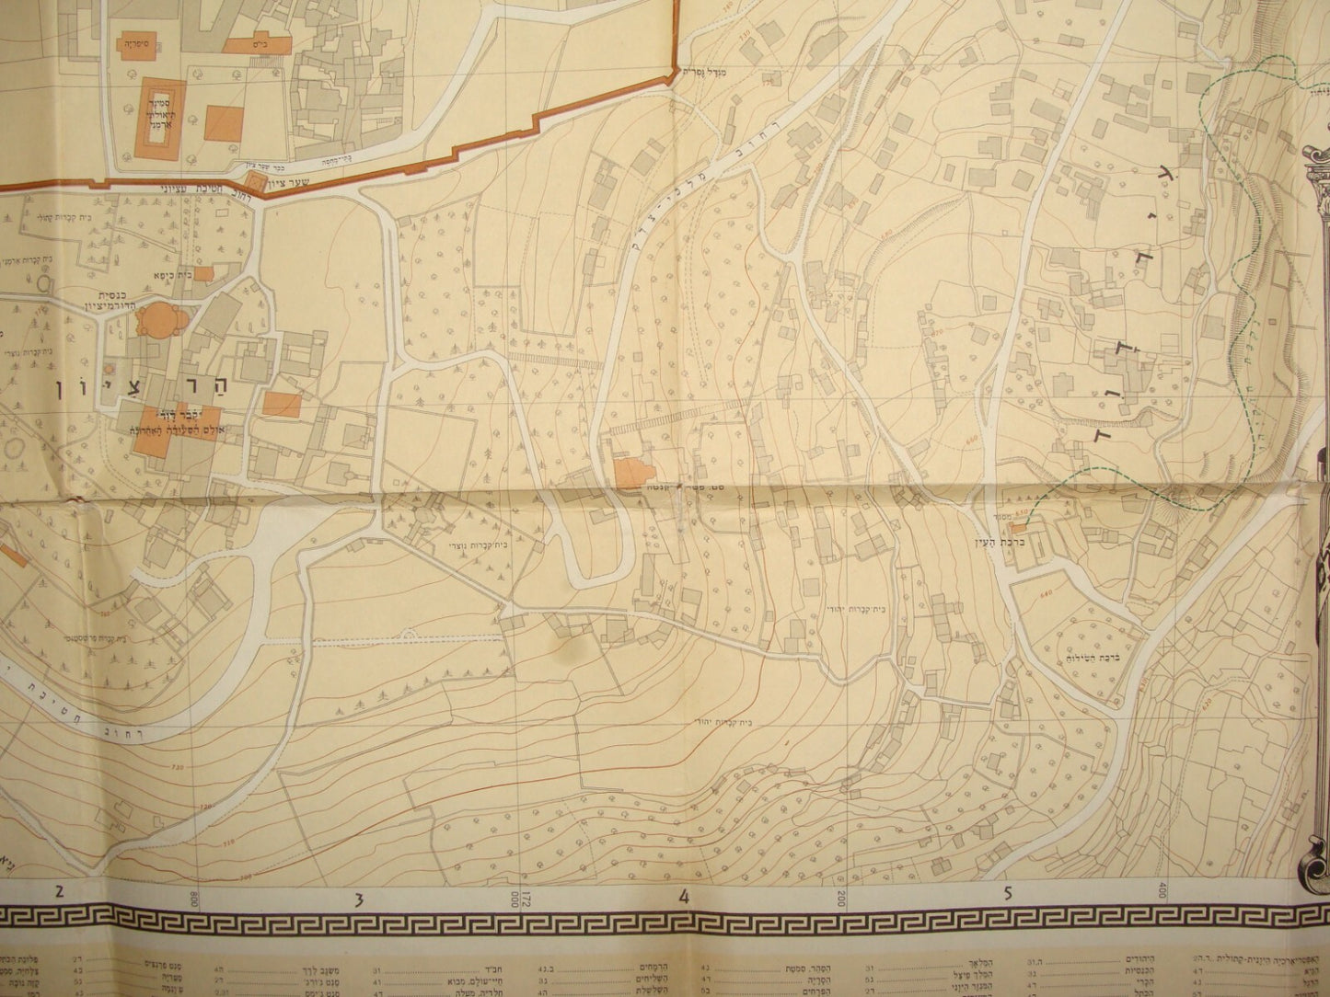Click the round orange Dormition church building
pos(151,322)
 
